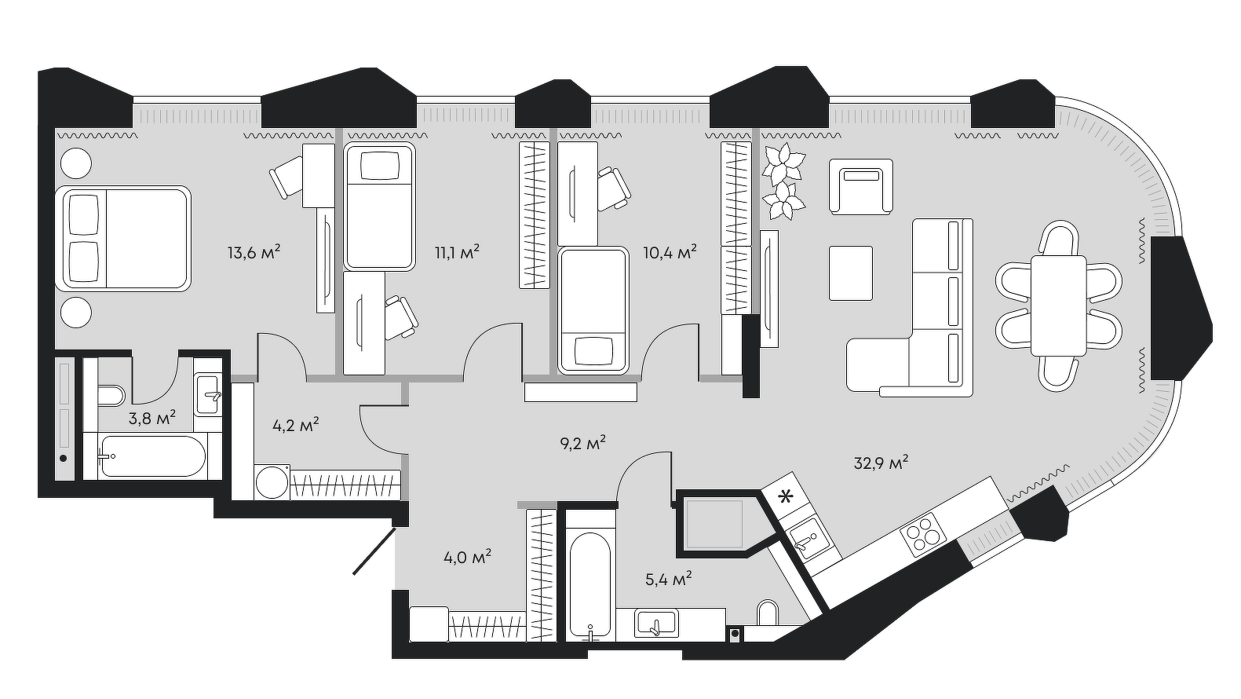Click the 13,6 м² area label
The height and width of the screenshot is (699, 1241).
[254, 253]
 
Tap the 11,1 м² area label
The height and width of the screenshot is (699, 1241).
[457, 253]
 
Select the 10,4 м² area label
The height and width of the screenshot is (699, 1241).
[669, 253]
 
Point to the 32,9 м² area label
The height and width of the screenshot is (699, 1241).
[881, 463]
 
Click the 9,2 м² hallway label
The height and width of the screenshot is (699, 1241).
[582, 444]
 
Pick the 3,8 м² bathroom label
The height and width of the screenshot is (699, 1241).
[151, 419]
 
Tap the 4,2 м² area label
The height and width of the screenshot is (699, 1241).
[295, 426]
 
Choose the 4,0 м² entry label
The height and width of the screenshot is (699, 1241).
[467, 558]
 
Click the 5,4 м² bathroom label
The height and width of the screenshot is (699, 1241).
[668, 580]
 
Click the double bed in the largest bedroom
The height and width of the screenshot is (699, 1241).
[123, 239]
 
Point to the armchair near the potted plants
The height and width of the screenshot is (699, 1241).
[861, 186]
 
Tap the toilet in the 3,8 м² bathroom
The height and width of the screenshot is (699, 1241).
[109, 397]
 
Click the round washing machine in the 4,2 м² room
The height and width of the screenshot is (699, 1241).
[272, 481]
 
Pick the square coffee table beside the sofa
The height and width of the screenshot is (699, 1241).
[851, 273]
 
